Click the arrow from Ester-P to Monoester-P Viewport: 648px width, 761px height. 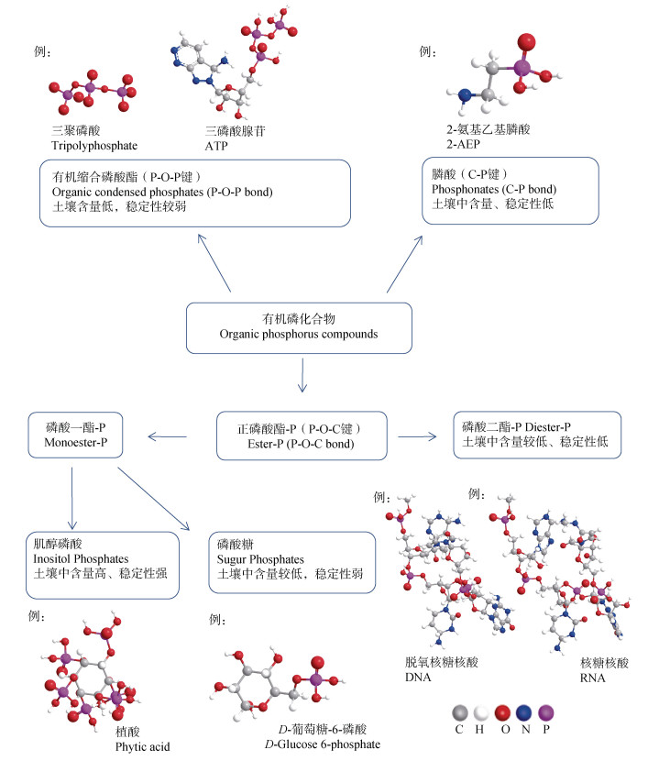coord(175,434)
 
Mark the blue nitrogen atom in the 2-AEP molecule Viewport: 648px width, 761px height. coord(466,94)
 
